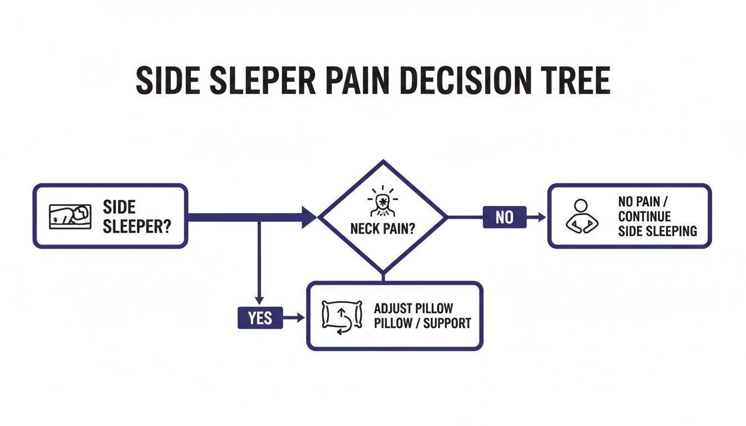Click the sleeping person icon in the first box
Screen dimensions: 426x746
pyautogui.click(x=69, y=215)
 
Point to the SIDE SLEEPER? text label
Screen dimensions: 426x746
pyautogui.click(x=136, y=216)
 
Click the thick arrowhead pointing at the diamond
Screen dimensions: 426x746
pyautogui.click(x=308, y=217)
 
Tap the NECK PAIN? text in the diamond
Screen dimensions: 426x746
pyautogui.click(x=382, y=229)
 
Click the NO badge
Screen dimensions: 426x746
pyautogui.click(x=504, y=217)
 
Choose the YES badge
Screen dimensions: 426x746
pyautogui.click(x=260, y=318)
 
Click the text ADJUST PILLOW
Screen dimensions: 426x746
pyautogui.click(x=414, y=308)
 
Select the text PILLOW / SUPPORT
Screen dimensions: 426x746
pyautogui.click(x=422, y=323)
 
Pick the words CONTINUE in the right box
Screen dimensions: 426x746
pyautogui.click(x=644, y=216)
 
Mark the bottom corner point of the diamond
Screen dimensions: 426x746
pyautogui.click(x=382, y=273)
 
